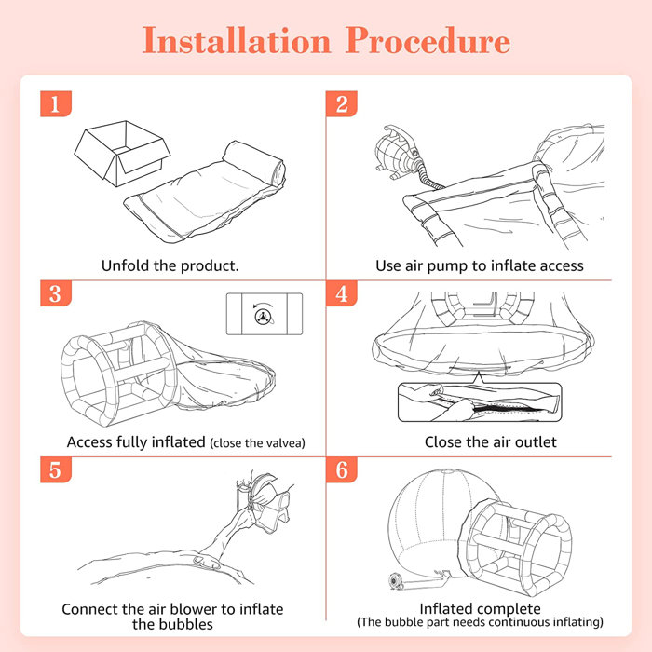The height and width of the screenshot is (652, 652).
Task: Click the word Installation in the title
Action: click(x=236, y=41)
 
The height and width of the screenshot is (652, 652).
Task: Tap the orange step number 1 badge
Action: click(x=55, y=104)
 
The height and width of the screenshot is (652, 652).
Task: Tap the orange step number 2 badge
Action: click(x=342, y=104)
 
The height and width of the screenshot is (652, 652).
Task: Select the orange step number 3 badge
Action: click(x=55, y=293)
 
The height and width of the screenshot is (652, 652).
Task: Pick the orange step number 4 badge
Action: click(x=342, y=293)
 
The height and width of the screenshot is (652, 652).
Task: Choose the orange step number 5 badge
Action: click(x=55, y=470)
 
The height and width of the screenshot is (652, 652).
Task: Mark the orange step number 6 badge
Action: click(x=342, y=470)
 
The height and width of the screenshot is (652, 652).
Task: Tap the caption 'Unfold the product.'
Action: click(x=170, y=265)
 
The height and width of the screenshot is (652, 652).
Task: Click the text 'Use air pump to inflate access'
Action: click(x=480, y=265)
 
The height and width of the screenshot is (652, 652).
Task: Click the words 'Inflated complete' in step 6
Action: click(x=480, y=609)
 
